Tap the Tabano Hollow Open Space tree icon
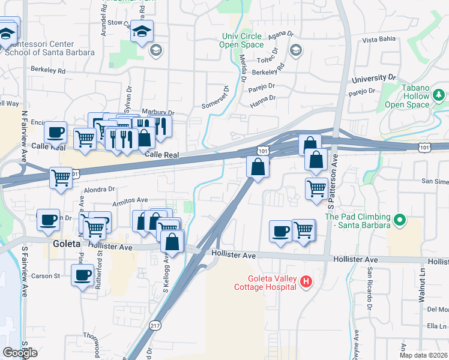point(439,95)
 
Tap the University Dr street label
point(375,79)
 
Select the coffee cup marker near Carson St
point(82,275)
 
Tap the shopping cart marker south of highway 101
point(61,178)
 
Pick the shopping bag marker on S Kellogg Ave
point(172,242)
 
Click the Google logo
point(20,352)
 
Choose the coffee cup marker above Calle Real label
point(56,132)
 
